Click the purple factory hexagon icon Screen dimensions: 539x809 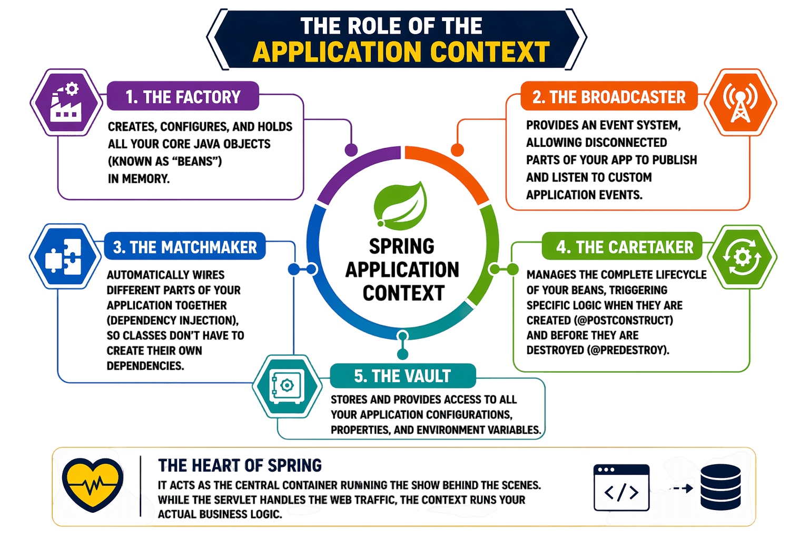(x=66, y=103)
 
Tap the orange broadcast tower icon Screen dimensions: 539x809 (x=740, y=103)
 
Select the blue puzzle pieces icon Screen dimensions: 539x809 (x=65, y=256)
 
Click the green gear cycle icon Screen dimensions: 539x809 (x=742, y=257)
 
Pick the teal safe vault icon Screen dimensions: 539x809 (x=287, y=386)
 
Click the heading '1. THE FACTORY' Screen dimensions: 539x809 (x=183, y=97)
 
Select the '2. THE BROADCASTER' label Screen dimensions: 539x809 (x=609, y=97)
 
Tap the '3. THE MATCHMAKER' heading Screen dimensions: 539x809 (x=185, y=247)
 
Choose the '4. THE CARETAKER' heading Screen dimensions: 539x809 (x=625, y=247)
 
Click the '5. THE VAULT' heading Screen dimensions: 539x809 (x=402, y=376)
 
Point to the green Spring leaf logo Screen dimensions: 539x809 (x=400, y=203)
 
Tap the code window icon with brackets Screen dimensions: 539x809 (x=621, y=488)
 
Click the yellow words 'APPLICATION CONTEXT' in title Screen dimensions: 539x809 (x=401, y=52)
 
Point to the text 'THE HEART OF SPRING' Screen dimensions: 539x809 (x=240, y=465)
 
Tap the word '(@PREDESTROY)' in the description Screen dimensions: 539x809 (x=628, y=350)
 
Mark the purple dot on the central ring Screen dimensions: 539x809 (x=351, y=150)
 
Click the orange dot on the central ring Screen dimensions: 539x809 (x=457, y=150)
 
